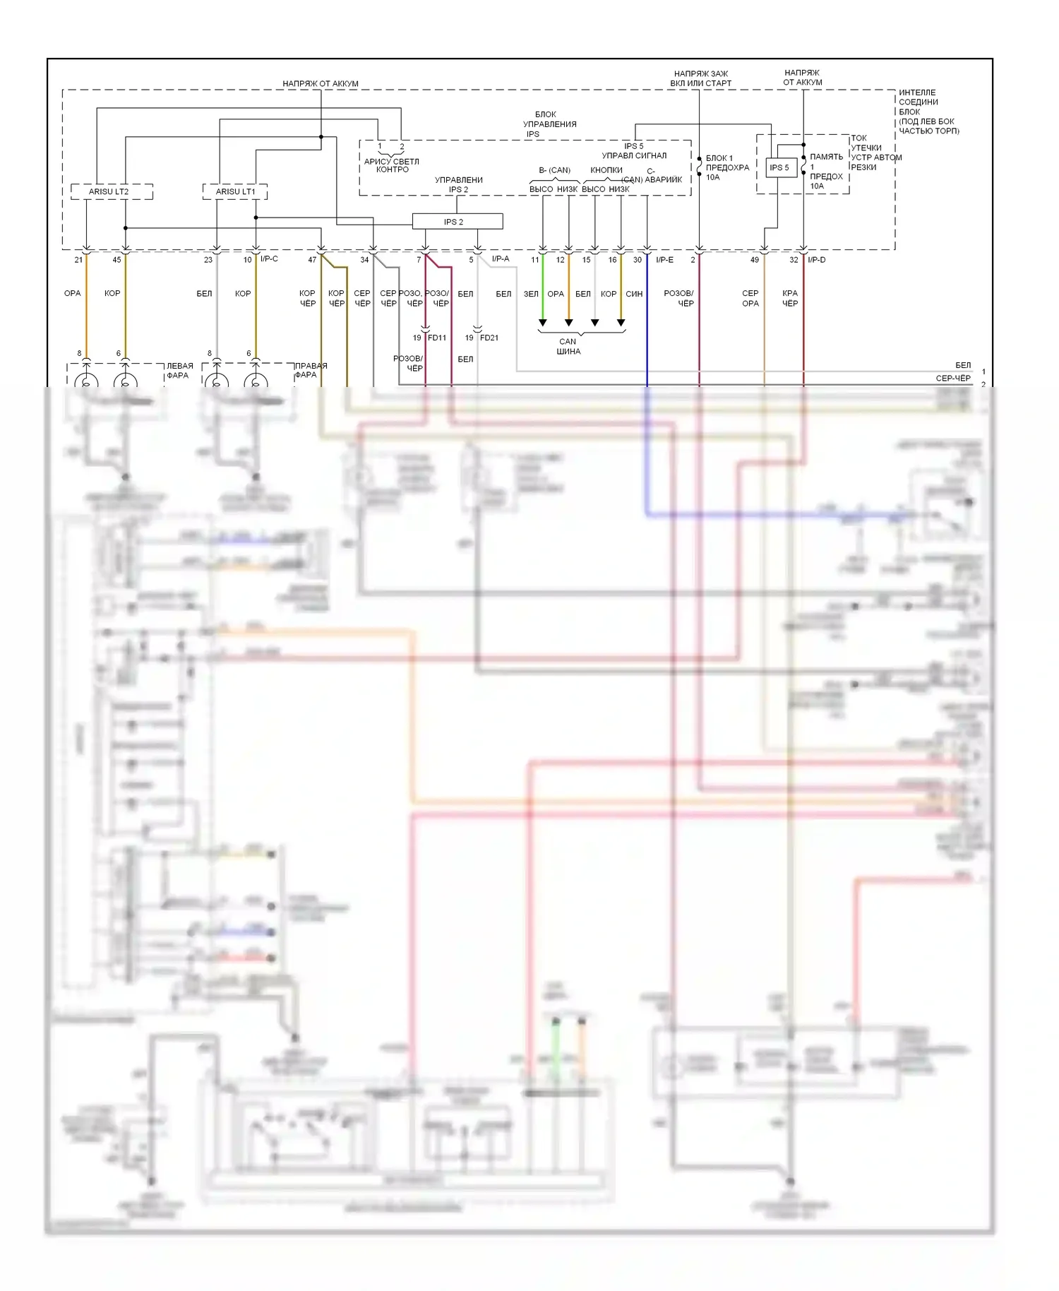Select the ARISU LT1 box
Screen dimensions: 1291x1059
tap(235, 191)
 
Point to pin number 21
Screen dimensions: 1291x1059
tap(78, 260)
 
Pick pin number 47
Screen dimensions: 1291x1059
tap(312, 260)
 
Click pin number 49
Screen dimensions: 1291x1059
tap(755, 260)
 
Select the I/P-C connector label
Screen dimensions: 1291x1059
tap(269, 259)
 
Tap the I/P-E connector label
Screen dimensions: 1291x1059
tap(664, 260)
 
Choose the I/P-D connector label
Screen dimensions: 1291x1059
tap(816, 260)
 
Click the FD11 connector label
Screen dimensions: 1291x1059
tap(437, 338)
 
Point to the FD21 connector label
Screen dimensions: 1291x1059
tap(489, 338)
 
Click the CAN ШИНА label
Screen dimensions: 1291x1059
tap(568, 346)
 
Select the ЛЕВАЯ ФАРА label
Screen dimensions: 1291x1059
tap(179, 371)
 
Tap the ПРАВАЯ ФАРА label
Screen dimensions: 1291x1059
tap(311, 370)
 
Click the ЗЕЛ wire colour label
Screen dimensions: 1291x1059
tap(531, 294)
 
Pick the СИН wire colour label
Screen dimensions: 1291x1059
tap(634, 294)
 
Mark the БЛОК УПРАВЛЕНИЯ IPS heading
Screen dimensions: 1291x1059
tap(549, 124)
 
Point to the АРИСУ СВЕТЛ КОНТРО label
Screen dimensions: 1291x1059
tap(392, 165)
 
